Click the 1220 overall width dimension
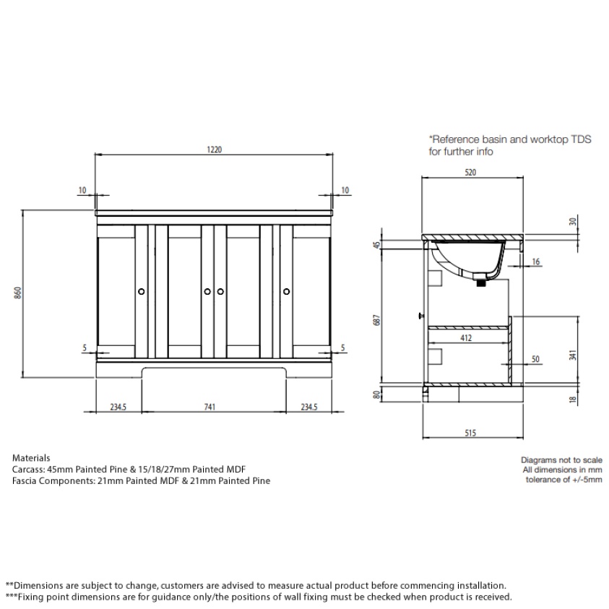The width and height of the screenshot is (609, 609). coord(215,150)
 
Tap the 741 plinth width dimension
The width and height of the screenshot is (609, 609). coord(210,407)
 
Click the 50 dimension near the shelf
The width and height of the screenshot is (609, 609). coord(535,358)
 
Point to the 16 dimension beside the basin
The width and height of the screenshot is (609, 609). coord(535,261)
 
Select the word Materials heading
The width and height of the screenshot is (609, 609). coord(32,458)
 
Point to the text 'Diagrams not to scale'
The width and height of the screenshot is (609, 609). coord(561,459)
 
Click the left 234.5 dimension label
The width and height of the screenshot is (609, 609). coord(118,407)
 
